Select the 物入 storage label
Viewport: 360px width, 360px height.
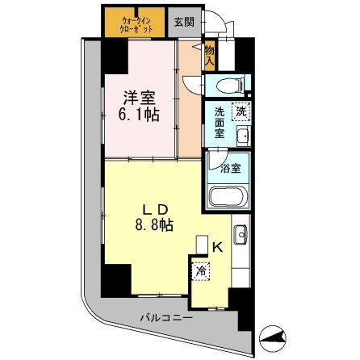click(x=209, y=55)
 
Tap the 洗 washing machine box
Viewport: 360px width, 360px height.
click(x=240, y=112)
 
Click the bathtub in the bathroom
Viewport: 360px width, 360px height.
click(x=229, y=196)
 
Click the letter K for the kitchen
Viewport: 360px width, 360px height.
click(x=218, y=249)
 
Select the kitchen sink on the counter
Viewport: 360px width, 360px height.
click(x=241, y=236)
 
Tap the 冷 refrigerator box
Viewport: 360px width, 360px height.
click(x=200, y=272)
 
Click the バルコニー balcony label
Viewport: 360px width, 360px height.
click(x=165, y=317)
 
